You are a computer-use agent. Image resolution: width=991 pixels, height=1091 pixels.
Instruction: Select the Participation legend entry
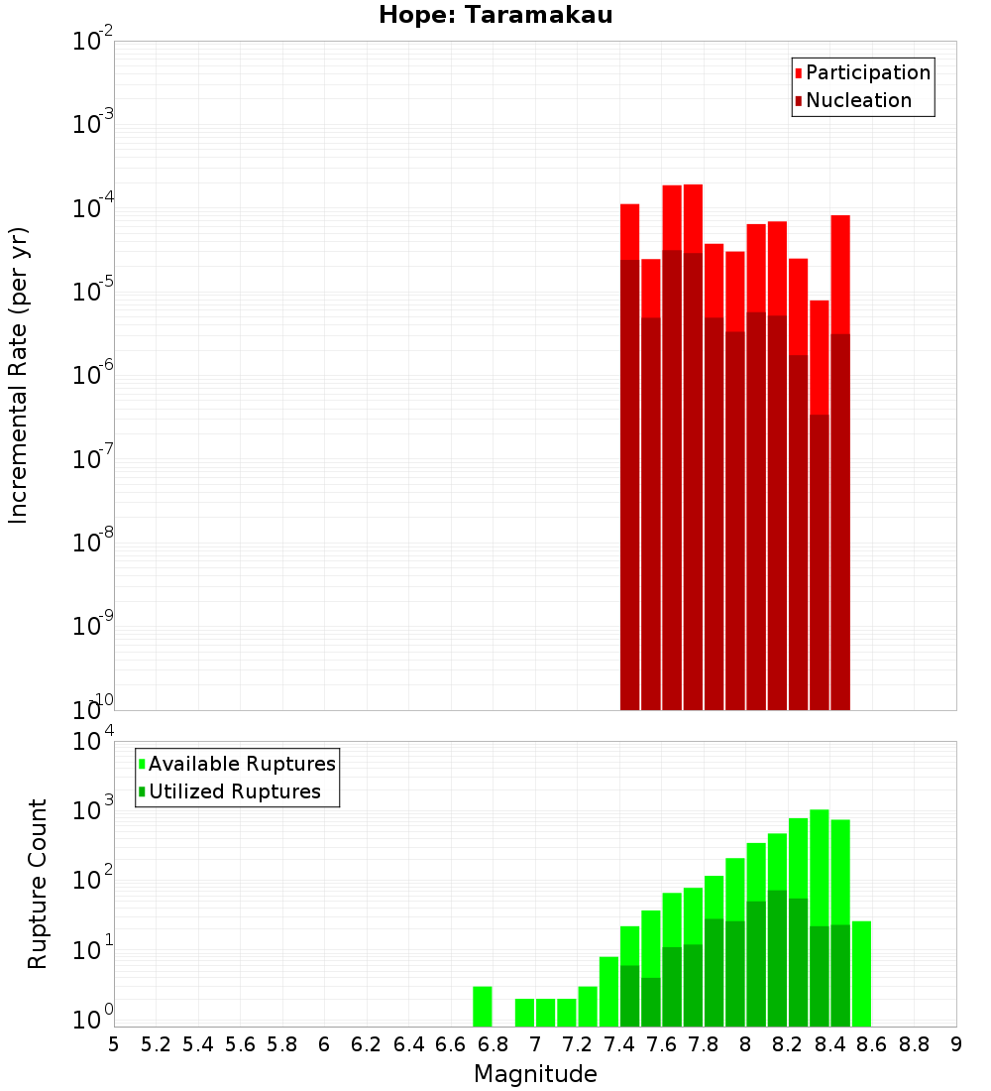pos(867,72)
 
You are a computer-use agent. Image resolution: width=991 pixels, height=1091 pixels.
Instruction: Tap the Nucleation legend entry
pos(857,100)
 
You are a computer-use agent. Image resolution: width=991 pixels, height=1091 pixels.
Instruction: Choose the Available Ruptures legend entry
pos(241,764)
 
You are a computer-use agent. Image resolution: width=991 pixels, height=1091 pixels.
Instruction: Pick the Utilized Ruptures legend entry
pos(234,791)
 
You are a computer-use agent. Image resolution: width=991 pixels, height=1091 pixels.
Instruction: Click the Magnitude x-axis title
pos(535,1074)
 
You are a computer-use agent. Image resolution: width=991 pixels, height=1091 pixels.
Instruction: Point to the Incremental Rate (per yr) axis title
pos(19,375)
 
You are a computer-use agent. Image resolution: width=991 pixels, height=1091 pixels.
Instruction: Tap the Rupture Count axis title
pos(38,883)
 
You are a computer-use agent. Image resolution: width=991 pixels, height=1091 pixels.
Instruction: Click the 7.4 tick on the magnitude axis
pos(619,1044)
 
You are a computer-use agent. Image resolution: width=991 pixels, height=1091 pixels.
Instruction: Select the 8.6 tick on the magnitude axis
pos(872,1044)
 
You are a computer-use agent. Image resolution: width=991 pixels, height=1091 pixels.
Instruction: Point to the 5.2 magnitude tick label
pos(157,1044)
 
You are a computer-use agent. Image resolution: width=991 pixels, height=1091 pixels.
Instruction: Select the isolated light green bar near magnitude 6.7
pos(483,1007)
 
